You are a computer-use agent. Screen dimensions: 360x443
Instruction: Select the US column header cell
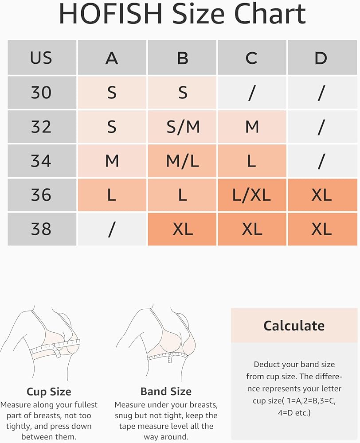42,57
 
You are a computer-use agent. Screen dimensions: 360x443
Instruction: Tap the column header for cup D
322,57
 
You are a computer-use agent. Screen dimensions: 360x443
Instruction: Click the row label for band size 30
42,93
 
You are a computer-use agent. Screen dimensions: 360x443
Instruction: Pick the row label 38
42,229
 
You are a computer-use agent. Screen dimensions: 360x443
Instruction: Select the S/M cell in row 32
182,127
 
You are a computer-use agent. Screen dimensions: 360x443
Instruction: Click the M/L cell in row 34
182,161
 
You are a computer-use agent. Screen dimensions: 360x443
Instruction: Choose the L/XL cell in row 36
252,195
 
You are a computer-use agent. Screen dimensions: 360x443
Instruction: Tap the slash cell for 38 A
112,229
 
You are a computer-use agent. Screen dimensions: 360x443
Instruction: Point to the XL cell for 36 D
322,195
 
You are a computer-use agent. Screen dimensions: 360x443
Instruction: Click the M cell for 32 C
252,127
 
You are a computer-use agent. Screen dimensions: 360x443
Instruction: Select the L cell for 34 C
252,161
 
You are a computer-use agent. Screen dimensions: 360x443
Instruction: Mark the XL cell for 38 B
182,229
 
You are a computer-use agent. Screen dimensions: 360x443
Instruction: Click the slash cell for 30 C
252,93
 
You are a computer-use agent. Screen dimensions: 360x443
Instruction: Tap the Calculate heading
294,326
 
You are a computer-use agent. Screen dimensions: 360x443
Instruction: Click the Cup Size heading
49,392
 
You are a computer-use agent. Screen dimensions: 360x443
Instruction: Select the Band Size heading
166,392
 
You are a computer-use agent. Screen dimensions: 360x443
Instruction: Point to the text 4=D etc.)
294,413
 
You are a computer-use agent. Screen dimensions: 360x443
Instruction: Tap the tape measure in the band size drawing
167,357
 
